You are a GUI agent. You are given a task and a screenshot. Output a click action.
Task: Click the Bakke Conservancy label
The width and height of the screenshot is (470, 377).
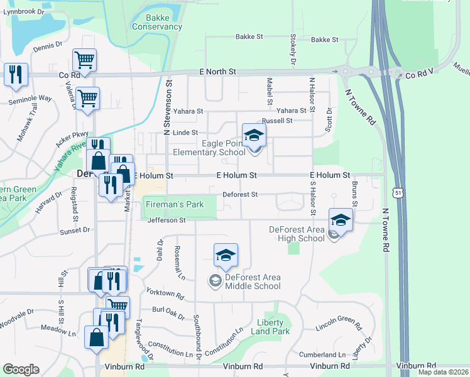(x=156, y=23)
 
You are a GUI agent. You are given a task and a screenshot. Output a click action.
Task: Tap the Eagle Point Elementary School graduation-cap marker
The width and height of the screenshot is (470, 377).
(x=254, y=134)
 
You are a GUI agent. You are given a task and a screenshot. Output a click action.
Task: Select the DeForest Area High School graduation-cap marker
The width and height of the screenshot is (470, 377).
(x=341, y=219)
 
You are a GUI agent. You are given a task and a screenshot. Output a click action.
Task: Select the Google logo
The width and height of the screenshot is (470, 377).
(x=21, y=369)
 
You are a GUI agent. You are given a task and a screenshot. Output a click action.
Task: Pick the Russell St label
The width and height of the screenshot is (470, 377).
(x=277, y=120)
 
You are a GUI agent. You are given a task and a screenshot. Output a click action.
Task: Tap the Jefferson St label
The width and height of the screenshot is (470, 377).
(x=167, y=221)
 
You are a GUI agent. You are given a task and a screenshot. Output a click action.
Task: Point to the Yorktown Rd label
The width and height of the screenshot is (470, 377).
(x=165, y=293)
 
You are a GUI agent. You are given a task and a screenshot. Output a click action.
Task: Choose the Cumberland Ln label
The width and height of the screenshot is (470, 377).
(x=322, y=355)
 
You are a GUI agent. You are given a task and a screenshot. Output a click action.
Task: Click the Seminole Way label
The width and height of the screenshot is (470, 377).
(x=30, y=99)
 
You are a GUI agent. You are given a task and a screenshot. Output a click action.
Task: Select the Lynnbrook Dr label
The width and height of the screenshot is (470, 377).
(x=24, y=12)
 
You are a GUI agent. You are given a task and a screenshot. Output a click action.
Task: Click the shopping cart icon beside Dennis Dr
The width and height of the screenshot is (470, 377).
(x=84, y=60)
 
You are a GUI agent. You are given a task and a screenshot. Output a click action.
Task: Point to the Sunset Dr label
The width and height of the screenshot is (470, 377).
(x=74, y=231)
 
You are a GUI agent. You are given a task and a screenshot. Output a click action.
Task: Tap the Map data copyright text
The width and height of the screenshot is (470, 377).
(x=443, y=372)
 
